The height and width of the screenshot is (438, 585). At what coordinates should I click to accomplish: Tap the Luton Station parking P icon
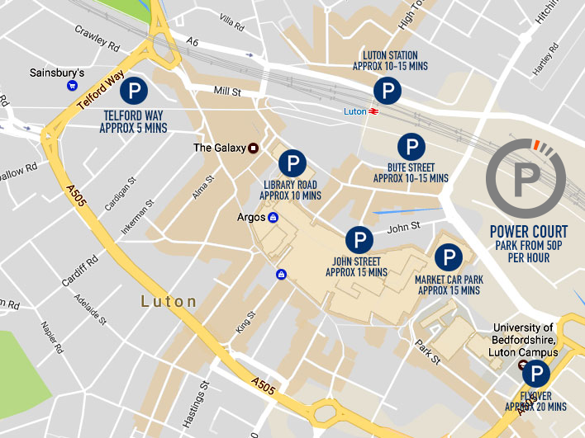tap(385, 91)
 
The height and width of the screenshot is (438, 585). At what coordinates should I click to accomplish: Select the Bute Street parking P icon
tap(411, 148)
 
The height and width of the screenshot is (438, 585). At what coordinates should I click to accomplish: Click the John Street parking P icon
tap(357, 240)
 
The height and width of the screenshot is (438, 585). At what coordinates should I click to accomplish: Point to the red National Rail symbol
tap(374, 110)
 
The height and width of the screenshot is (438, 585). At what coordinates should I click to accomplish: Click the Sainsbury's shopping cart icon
tap(72, 85)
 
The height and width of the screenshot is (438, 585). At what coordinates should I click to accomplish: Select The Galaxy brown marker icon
tap(253, 148)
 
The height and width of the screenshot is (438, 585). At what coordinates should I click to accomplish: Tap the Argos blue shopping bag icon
tap(273, 218)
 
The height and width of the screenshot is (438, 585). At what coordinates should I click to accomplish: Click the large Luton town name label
tap(169, 302)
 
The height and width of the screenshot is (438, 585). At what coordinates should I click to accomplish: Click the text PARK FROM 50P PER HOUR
tap(529, 252)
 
